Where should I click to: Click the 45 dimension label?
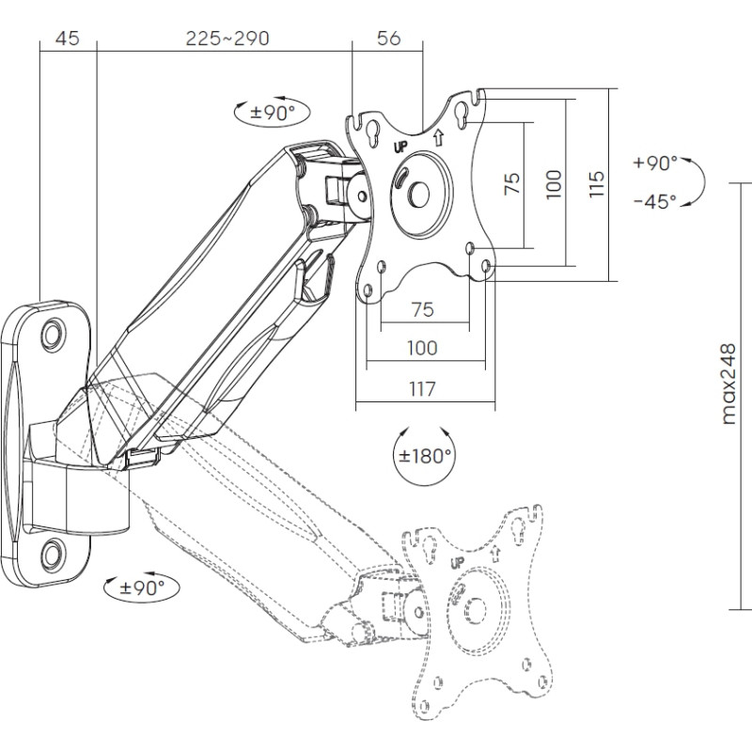pyautogui.click(x=67, y=39)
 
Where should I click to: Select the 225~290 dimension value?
pyautogui.click(x=227, y=39)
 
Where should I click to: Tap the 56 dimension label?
pyautogui.click(x=388, y=39)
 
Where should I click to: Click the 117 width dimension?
pyautogui.click(x=423, y=388)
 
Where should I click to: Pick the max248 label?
pyautogui.click(x=729, y=384)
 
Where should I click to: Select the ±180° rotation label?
pyautogui.click(x=425, y=456)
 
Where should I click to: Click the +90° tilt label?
pyautogui.click(x=655, y=163)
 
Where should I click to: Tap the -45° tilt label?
pyautogui.click(x=655, y=201)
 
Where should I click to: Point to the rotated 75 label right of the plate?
pyautogui.click(x=512, y=183)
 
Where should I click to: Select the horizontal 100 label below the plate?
pyautogui.click(x=422, y=348)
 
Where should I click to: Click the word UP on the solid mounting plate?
pyautogui.click(x=399, y=148)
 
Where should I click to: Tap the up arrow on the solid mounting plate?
pyautogui.click(x=438, y=137)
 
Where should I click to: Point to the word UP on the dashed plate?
pyautogui.click(x=459, y=564)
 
